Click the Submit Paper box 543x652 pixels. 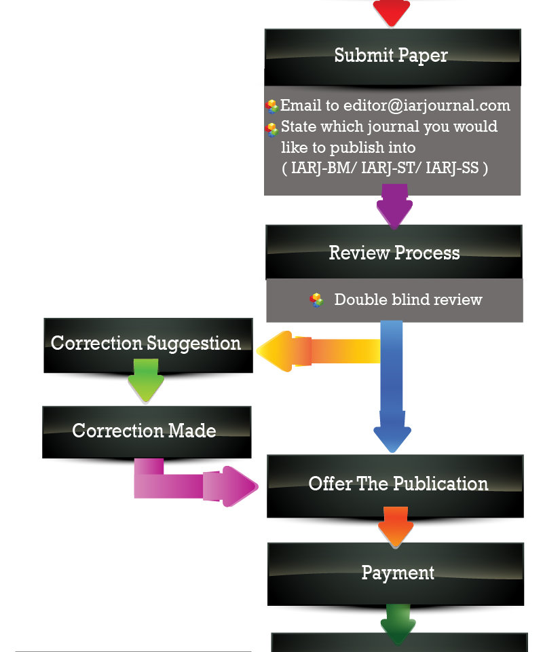click(x=392, y=56)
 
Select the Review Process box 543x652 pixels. click(x=394, y=253)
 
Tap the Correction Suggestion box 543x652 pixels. click(x=146, y=344)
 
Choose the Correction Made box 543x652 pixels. click(x=145, y=431)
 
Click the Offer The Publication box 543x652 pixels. click(x=398, y=484)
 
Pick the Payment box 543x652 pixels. click(x=398, y=573)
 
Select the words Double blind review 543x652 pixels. click(x=408, y=300)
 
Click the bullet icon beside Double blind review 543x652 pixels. click(x=316, y=300)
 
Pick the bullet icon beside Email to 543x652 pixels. click(x=272, y=107)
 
